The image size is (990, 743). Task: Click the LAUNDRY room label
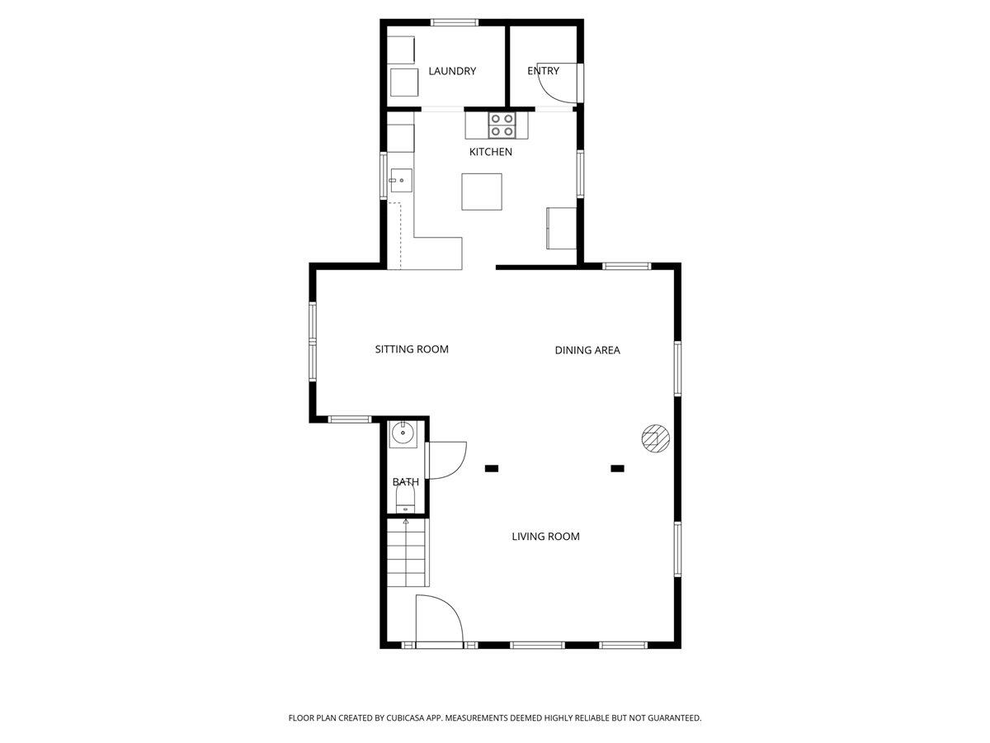pyautogui.click(x=452, y=71)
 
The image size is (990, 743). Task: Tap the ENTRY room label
pyautogui.click(x=543, y=71)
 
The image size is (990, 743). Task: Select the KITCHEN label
pyautogui.click(x=491, y=152)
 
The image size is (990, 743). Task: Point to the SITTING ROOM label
pyautogui.click(x=412, y=349)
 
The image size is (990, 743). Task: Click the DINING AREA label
pyautogui.click(x=587, y=350)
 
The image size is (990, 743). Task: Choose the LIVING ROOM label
pyautogui.click(x=545, y=537)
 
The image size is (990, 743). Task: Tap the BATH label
pyautogui.click(x=405, y=482)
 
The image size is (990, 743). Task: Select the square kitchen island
pyautogui.click(x=482, y=192)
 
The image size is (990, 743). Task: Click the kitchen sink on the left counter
pyautogui.click(x=400, y=180)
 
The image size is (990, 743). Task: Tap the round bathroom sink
pyautogui.click(x=403, y=433)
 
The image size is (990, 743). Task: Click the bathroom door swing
pyautogui.click(x=445, y=461)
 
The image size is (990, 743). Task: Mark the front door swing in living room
pyautogui.click(x=437, y=619)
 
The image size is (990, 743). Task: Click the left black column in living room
pyautogui.click(x=492, y=469)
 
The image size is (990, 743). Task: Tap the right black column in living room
pyautogui.click(x=617, y=469)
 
